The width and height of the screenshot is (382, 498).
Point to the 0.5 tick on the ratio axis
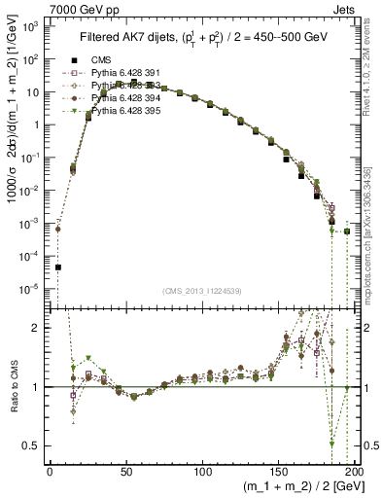point(32,445)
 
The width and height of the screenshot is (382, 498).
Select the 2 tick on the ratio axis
point(36,328)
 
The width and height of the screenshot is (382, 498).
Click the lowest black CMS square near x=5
point(57,267)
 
